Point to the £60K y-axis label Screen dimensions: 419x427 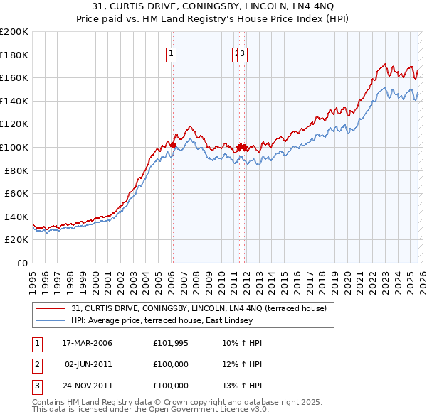(x=16, y=193)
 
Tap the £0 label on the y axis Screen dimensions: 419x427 (x=21, y=263)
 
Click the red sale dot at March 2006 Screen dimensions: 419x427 (x=173, y=145)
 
